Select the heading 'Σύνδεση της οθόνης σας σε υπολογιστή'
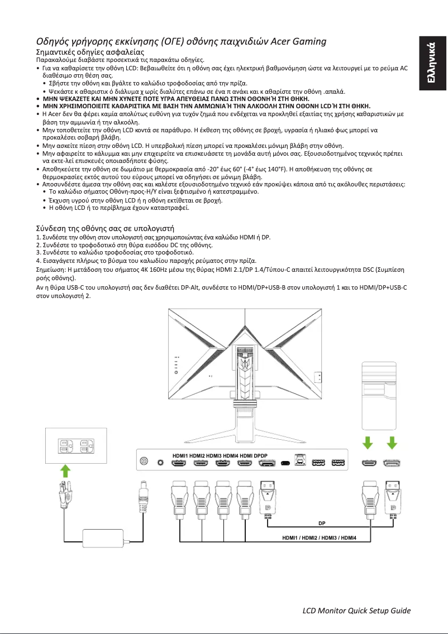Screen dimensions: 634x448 click(105, 228)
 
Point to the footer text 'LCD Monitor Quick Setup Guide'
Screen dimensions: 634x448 click(356, 610)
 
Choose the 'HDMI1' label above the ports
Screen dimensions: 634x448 click(180, 455)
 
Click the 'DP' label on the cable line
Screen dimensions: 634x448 click(322, 524)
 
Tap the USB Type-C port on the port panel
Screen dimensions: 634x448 click(286, 463)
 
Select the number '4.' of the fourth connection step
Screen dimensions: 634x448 click(38, 261)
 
